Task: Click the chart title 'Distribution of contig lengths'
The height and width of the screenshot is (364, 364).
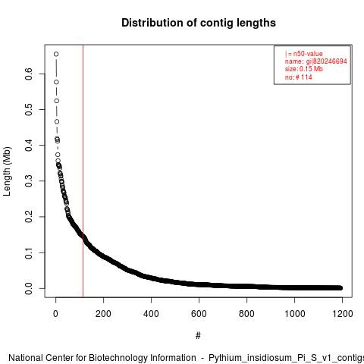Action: coord(199,23)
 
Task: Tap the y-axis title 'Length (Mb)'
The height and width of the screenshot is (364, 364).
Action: coord(7,171)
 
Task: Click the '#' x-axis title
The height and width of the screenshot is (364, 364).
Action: coord(198,336)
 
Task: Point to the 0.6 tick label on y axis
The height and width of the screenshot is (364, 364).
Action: coord(29,74)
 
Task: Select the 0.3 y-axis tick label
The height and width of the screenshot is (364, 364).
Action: coord(29,181)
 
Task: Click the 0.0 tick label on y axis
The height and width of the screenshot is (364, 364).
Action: coord(29,288)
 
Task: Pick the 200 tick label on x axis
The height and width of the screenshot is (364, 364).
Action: coord(103,314)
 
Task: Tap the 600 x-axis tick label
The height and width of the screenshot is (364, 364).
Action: coord(199,314)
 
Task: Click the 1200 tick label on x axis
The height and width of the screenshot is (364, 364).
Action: coord(342,314)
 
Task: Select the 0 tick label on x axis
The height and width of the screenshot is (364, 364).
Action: coord(55,314)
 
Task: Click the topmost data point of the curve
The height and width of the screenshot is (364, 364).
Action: coord(56,54)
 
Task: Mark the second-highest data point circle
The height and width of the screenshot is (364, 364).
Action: coord(56,82)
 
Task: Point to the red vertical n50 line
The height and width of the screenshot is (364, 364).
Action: coord(83,171)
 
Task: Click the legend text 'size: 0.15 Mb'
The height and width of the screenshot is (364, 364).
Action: coord(304,69)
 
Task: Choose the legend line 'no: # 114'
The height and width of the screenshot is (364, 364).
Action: coord(299,77)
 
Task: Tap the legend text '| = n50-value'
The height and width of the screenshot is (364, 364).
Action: coord(304,54)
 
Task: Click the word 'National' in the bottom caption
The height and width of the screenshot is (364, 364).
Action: coord(26,358)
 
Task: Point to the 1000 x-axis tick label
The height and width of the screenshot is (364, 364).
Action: coord(294,314)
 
